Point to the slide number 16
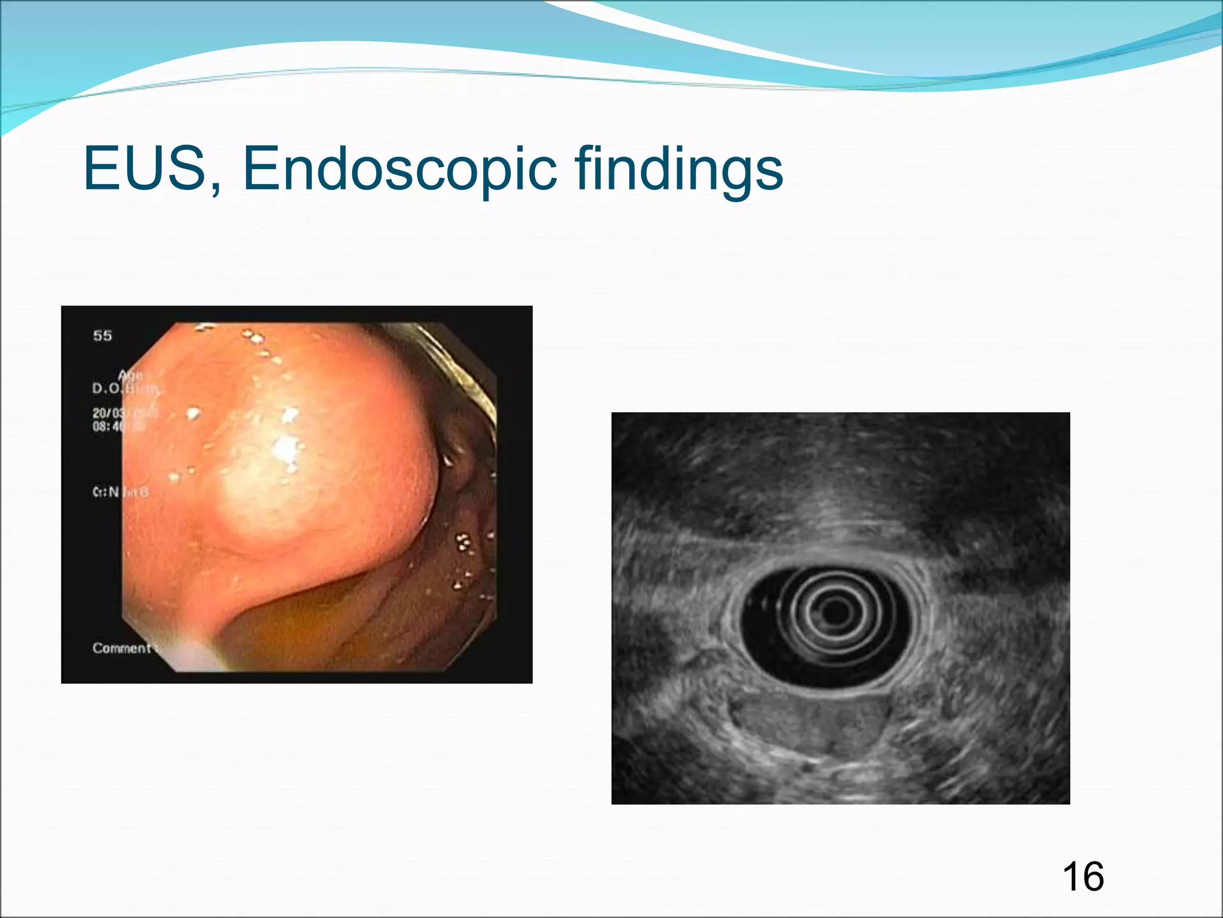coord(1083,877)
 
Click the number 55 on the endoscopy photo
coord(102,336)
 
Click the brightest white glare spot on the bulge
coord(287,448)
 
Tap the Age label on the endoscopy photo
coord(131,375)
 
